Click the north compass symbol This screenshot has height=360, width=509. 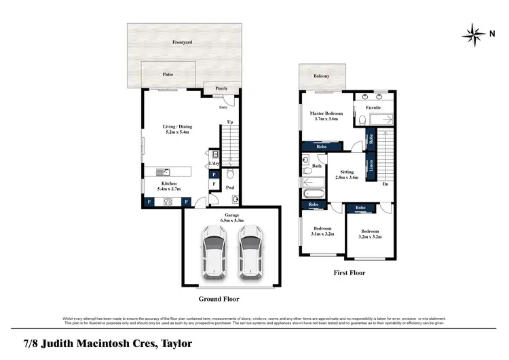click(x=471, y=32)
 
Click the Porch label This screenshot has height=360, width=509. click(x=221, y=88)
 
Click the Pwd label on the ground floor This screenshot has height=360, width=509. click(x=230, y=187)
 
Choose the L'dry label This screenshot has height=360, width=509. click(x=214, y=164)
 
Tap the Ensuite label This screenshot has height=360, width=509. click(x=373, y=108)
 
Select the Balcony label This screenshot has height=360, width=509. click(x=322, y=77)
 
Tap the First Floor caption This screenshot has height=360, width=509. click(x=349, y=273)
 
